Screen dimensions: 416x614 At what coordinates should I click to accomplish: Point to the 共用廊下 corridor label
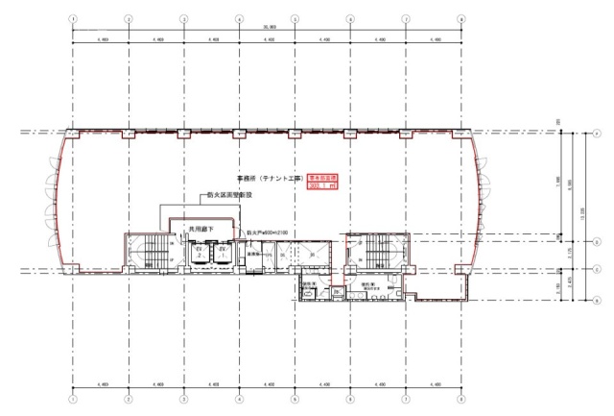200,230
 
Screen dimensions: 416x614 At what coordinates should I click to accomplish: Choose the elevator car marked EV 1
199,252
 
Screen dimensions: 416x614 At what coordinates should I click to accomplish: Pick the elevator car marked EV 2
222,252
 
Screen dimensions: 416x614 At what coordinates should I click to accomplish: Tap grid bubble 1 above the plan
73,18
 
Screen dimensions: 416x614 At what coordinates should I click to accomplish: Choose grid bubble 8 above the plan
461,18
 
